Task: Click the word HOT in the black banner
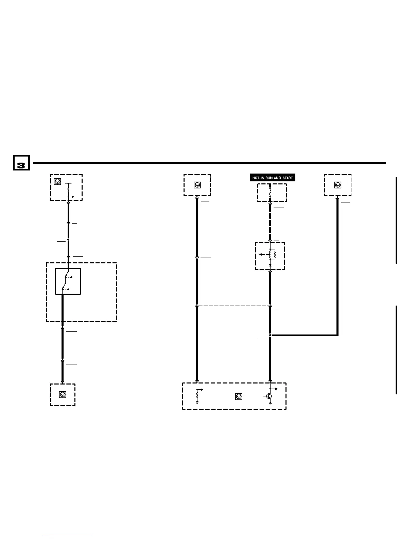[x=256, y=178]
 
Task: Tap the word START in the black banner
[x=288, y=178]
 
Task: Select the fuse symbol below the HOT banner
[x=270, y=193]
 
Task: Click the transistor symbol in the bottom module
[x=269, y=396]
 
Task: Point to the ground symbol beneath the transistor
[x=270, y=404]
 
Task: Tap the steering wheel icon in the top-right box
[x=337, y=185]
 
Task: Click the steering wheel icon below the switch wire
[x=63, y=395]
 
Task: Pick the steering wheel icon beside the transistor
[x=239, y=396]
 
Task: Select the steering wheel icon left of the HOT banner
[x=197, y=185]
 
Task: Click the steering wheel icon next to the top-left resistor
[x=57, y=182]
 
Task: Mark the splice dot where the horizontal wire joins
[x=270, y=335]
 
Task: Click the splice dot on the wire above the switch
[x=68, y=240]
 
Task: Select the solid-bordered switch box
[x=68, y=281]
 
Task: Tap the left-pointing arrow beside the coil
[x=262, y=254]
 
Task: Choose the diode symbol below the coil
[x=270, y=264]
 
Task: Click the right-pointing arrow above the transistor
[x=275, y=389]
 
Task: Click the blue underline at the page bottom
[x=67, y=536]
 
